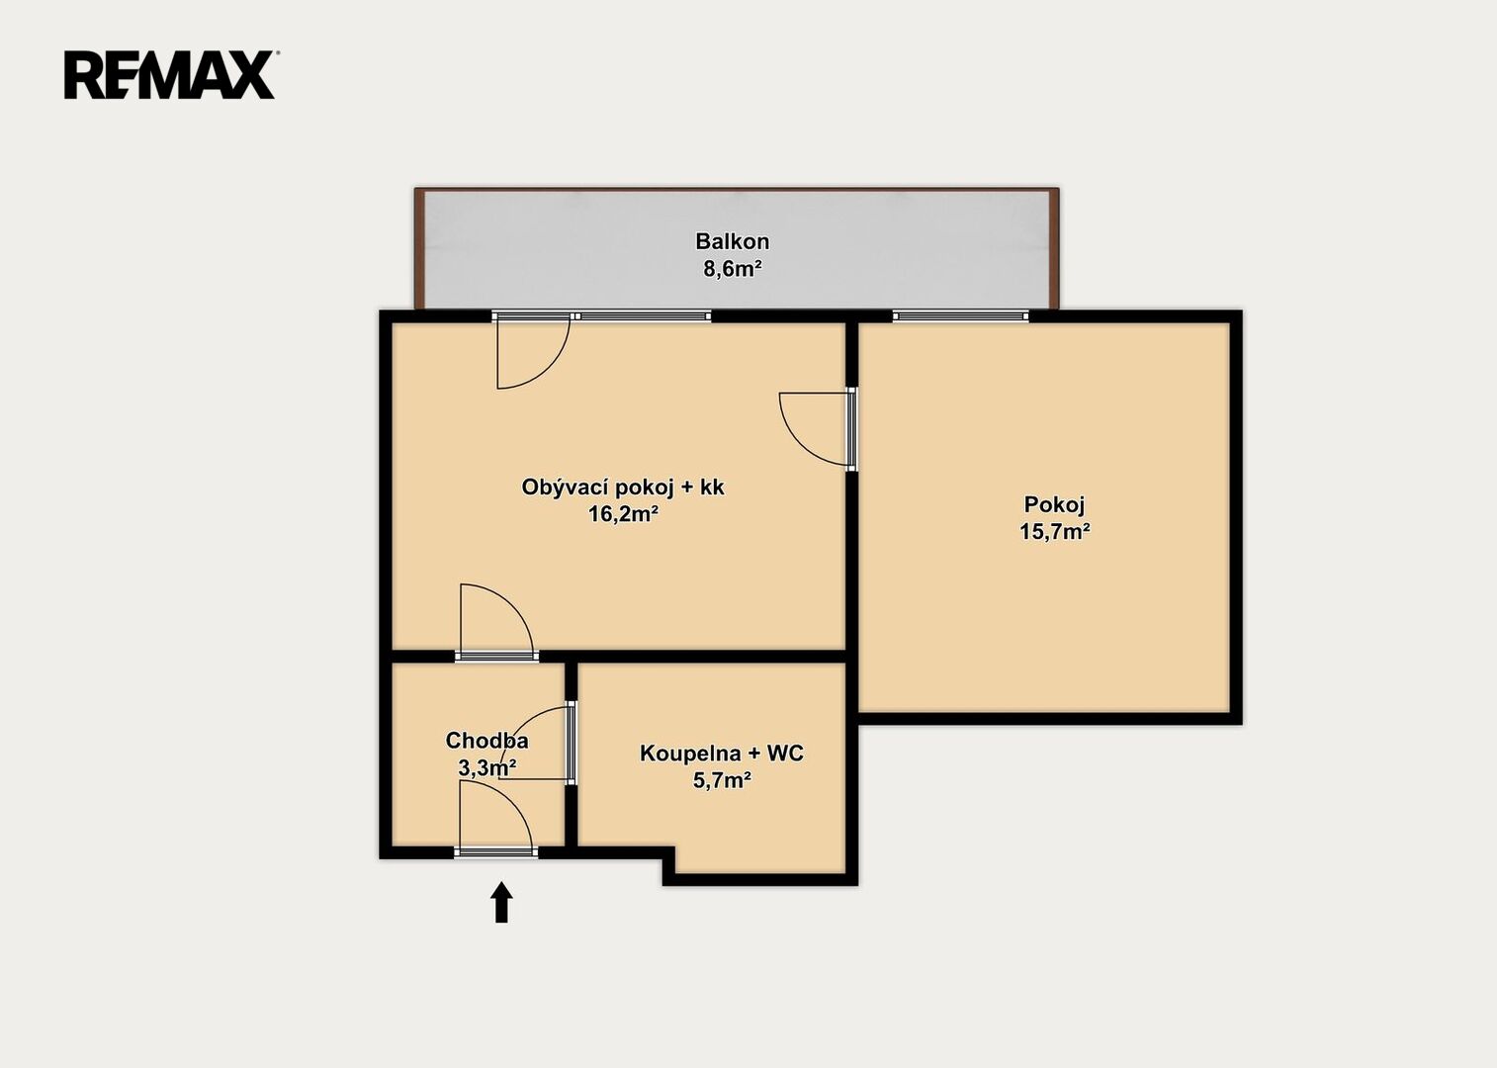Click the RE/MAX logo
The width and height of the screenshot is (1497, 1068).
pyautogui.click(x=170, y=75)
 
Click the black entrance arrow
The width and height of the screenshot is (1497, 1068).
pyautogui.click(x=502, y=902)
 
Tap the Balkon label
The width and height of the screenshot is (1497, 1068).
pyautogui.click(x=733, y=240)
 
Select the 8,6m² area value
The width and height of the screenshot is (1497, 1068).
pyautogui.click(x=733, y=269)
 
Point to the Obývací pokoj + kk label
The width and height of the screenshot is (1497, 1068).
pyautogui.click(x=623, y=488)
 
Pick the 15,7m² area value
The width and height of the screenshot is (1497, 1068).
pyautogui.click(x=1055, y=531)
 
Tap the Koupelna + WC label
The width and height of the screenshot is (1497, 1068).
pyautogui.click(x=722, y=754)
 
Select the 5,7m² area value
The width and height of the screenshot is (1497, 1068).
pyautogui.click(x=722, y=780)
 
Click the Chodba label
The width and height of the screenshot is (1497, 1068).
pyautogui.click(x=487, y=741)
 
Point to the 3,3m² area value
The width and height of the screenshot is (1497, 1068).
pyautogui.click(x=487, y=768)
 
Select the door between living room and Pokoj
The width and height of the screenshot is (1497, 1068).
pyautogui.click(x=818, y=428)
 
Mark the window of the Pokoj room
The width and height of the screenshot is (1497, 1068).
pyautogui.click(x=961, y=316)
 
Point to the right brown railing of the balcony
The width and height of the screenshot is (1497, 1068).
pyautogui.click(x=1053, y=248)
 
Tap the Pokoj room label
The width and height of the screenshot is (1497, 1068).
pyautogui.click(x=1055, y=504)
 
